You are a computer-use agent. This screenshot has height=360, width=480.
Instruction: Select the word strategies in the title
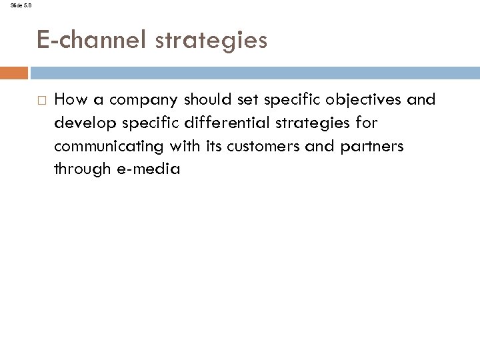[x=211, y=41]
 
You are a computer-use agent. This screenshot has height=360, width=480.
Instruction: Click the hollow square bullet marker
[x=41, y=101]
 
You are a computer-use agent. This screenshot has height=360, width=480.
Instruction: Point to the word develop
[x=79, y=123]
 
